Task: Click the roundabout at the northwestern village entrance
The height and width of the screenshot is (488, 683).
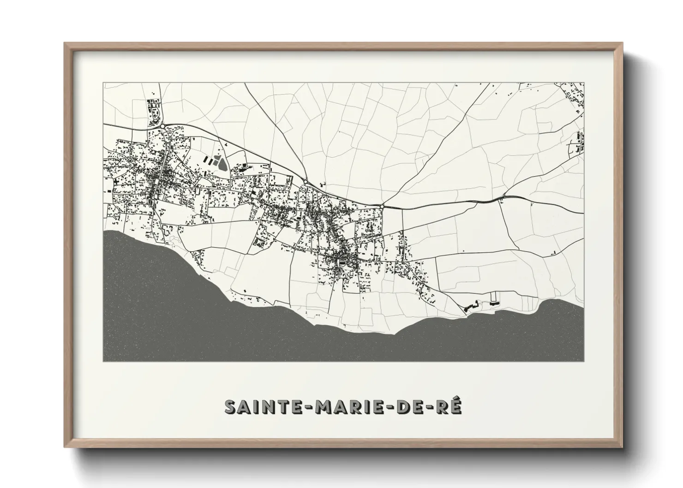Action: click(x=163, y=125)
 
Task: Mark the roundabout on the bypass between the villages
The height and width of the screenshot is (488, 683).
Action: click(x=305, y=182)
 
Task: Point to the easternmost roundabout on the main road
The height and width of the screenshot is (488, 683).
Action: click(x=383, y=206)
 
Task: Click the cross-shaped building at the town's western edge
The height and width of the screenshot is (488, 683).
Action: click(x=109, y=190)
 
